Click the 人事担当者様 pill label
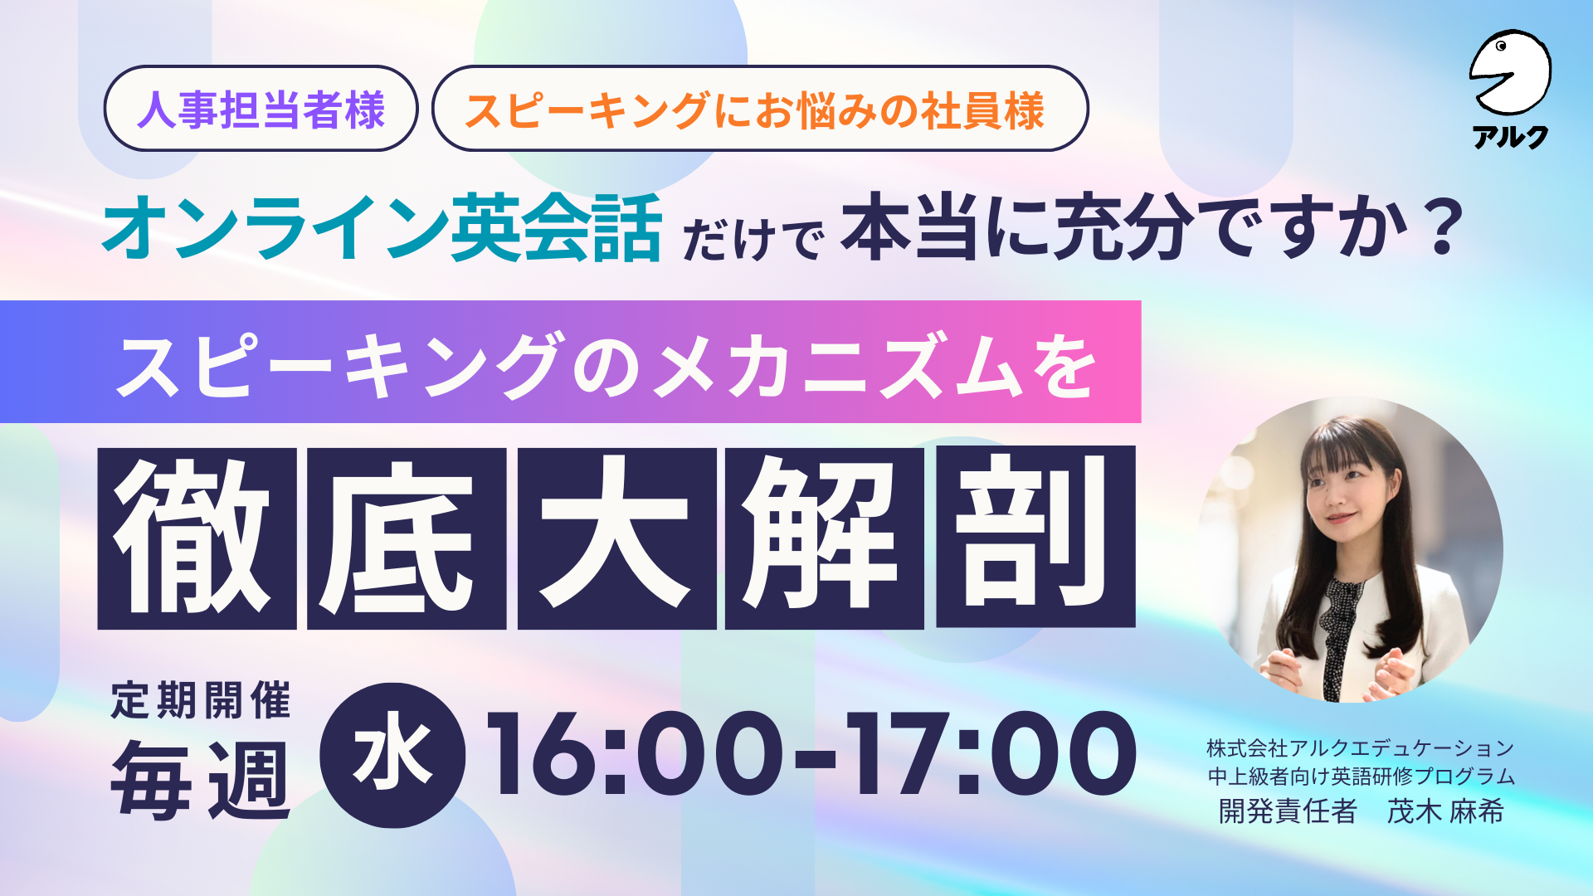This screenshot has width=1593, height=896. (261, 109)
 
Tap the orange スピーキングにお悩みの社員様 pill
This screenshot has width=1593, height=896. (760, 109)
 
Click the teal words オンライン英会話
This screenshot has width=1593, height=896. (382, 226)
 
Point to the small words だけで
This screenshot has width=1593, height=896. (753, 239)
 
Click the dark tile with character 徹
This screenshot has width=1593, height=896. (197, 538)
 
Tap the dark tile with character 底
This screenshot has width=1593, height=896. (407, 538)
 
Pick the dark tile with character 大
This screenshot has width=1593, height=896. (616, 538)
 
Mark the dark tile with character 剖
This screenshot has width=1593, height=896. (1035, 537)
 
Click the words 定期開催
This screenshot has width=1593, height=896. (201, 700)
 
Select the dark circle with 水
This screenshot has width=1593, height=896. (392, 755)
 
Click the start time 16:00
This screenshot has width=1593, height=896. (635, 754)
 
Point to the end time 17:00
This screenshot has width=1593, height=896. (991, 754)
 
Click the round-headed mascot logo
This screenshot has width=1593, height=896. (1510, 73)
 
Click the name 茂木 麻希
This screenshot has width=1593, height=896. (1445, 811)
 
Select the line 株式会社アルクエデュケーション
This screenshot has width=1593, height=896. (1361, 748)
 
